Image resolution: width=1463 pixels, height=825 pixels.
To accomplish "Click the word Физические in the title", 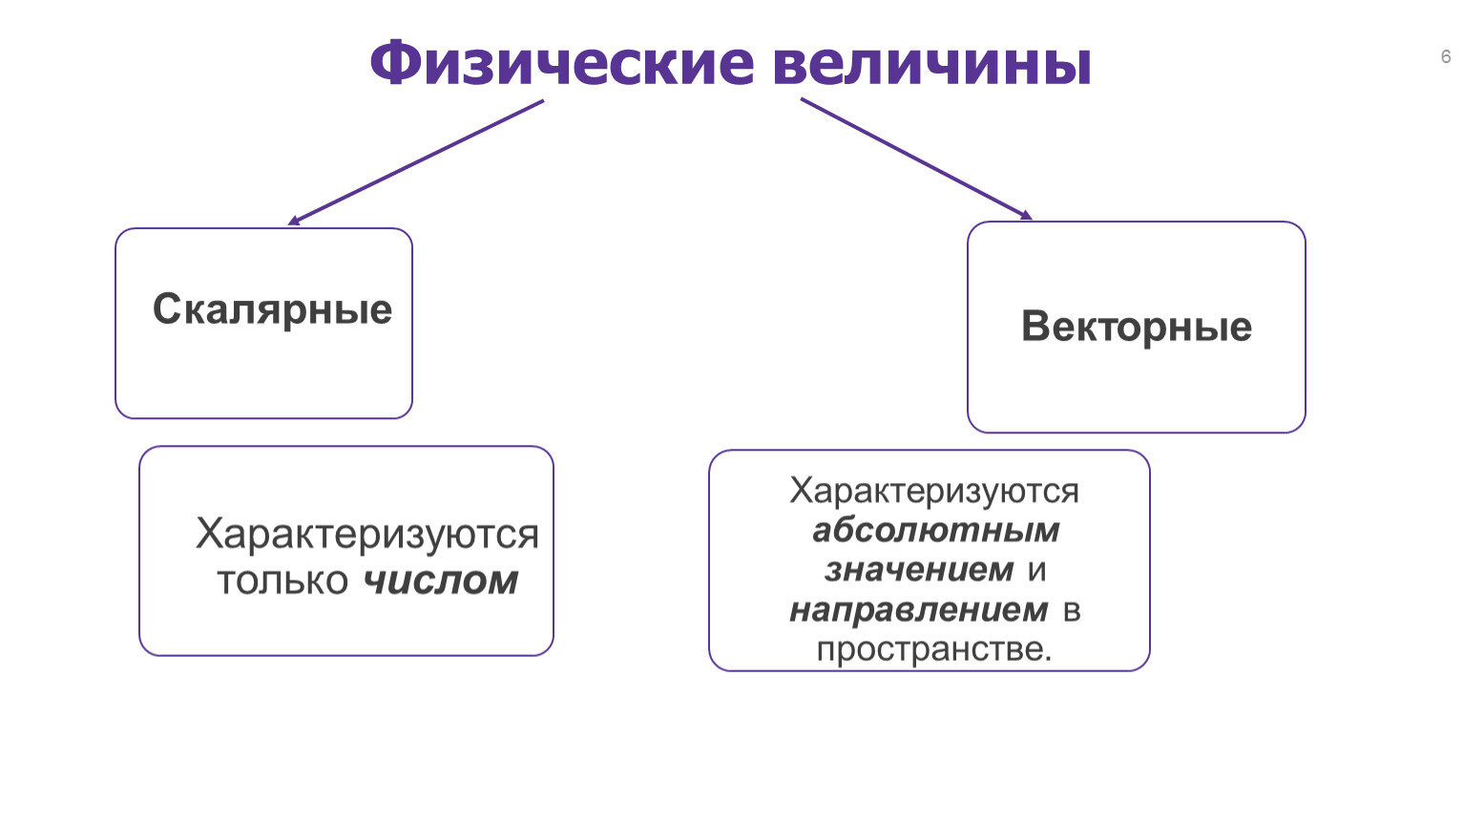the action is (562, 63).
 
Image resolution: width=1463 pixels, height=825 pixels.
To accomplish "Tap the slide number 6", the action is (1446, 57).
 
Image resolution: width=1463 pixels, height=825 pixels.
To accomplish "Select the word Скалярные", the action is (272, 310).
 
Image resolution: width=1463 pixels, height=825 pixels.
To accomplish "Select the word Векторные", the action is (1137, 327).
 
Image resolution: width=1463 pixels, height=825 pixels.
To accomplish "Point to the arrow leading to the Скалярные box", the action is (415, 162).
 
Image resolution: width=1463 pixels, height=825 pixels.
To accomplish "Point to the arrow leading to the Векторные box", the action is (916, 159).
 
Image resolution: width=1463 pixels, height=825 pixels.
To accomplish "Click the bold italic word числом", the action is (440, 581).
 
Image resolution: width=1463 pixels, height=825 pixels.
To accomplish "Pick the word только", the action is (282, 582).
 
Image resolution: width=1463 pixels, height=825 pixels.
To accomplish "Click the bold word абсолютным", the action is (935, 530).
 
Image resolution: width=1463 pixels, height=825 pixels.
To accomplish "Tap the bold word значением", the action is (919, 570).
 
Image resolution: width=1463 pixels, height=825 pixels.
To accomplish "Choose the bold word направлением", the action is (919, 610).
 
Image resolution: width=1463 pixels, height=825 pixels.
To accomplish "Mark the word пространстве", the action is (934, 650).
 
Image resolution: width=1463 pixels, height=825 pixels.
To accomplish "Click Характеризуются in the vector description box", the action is (934, 490).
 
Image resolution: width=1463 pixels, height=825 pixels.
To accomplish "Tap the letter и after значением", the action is (1036, 571).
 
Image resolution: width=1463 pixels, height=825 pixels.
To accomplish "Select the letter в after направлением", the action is (1072, 611).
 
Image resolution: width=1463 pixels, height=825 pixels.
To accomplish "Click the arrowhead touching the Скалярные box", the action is (293, 221).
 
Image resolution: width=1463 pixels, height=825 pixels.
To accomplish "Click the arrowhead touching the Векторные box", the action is (1027, 216).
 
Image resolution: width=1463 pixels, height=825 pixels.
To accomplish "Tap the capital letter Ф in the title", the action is (398, 63).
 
